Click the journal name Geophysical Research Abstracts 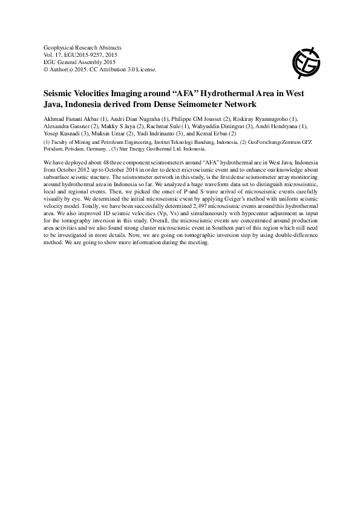point(83,47)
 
